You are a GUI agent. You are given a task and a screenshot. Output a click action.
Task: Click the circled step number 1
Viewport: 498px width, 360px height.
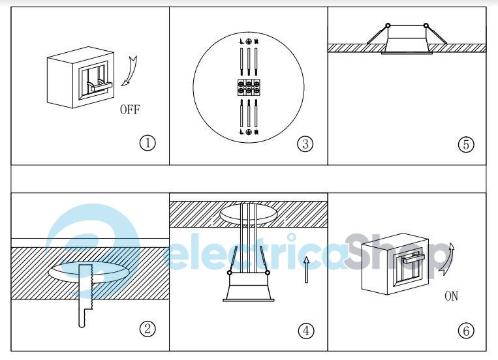tap(148, 143)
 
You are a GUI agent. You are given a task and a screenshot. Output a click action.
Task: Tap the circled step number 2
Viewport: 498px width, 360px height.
tap(148, 329)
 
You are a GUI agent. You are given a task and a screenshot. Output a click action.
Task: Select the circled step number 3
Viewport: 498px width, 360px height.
tap(305, 144)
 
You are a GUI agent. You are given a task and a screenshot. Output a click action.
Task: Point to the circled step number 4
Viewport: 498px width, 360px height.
tap(306, 331)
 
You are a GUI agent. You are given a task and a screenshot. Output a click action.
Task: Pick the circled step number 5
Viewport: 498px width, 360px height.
tap(466, 144)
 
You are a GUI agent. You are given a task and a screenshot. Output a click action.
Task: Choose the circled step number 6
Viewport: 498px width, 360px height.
tap(466, 331)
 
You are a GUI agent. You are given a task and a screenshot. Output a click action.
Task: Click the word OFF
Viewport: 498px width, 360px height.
tap(130, 110)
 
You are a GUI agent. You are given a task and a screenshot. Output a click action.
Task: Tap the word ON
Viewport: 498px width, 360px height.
tap(451, 296)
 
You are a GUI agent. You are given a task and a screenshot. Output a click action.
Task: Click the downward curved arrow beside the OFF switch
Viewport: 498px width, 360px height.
tap(131, 72)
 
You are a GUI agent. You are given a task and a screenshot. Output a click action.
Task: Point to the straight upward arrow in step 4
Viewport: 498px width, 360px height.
tap(306, 270)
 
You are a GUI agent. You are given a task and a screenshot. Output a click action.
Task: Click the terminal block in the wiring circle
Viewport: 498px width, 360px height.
tap(249, 87)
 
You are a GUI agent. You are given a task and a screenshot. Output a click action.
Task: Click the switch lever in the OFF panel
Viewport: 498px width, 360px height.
tap(99, 85)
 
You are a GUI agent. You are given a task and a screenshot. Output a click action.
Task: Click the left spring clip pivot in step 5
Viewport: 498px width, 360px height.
tap(388, 25)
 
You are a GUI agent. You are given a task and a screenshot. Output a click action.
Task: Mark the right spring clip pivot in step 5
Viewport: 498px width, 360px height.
tap(426, 25)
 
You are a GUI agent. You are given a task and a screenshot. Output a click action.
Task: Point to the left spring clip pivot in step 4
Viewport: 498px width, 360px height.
tap(230, 273)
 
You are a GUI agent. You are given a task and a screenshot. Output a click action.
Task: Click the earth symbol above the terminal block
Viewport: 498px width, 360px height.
tap(249, 41)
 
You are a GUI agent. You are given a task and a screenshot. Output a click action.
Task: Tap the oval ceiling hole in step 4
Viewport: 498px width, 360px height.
tap(249, 213)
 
